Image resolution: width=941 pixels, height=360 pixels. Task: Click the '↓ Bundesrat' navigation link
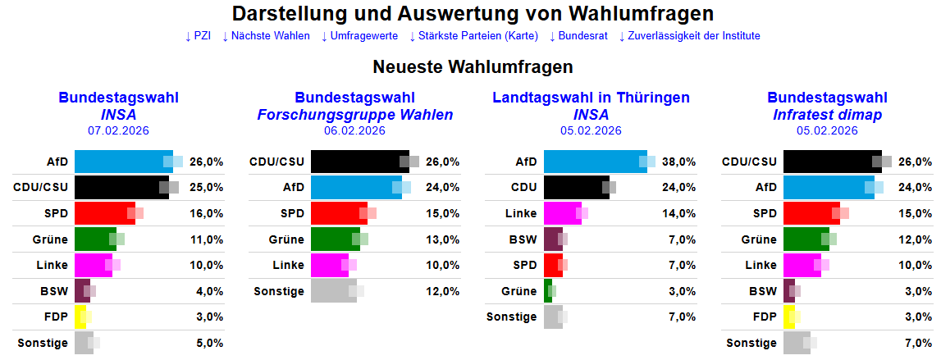[578, 36]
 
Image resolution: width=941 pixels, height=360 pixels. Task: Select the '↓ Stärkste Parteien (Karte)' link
[473, 36]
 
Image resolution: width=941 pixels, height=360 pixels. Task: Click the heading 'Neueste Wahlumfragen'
[473, 66]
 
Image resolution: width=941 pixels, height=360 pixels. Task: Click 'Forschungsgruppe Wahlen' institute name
[354, 115]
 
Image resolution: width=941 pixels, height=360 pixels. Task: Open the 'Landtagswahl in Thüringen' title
[591, 98]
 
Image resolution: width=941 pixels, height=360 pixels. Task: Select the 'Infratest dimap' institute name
[827, 115]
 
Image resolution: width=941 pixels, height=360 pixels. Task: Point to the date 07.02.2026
[118, 130]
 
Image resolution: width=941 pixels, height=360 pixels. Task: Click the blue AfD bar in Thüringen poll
[595, 162]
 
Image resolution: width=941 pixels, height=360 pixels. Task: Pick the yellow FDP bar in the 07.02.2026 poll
[80, 317]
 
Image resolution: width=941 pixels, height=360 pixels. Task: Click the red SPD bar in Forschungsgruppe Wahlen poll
[338, 213]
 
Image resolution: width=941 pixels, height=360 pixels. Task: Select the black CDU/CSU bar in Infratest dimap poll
[830, 162]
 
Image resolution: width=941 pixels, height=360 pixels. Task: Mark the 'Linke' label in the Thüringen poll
[521, 213]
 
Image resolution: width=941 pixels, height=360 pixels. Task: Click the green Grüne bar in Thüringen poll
[548, 290]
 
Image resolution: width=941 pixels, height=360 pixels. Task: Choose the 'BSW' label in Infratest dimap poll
[762, 290]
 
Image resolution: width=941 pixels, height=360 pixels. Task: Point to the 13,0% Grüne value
[443, 239]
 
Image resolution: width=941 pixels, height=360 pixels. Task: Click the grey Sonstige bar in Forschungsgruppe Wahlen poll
[332, 290]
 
